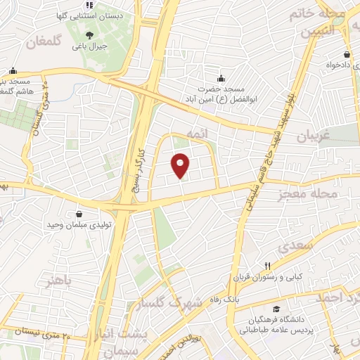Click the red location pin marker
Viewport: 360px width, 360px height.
pyautogui.click(x=181, y=165)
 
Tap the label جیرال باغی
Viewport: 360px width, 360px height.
pyautogui.click(x=92, y=47)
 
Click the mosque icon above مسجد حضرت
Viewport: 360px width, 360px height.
pyautogui.click(x=221, y=77)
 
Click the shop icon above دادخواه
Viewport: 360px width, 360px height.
pyautogui.click(x=347, y=55)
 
